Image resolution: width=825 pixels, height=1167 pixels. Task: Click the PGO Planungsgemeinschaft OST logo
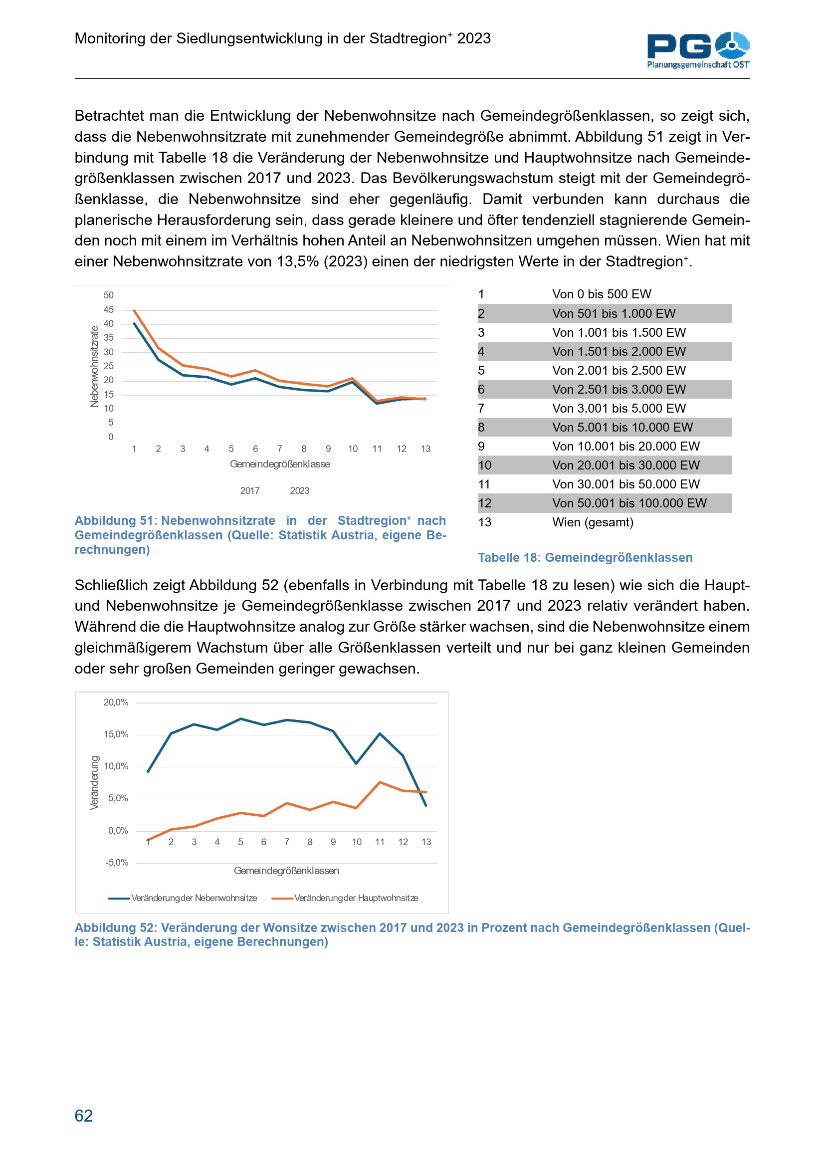pyautogui.click(x=698, y=50)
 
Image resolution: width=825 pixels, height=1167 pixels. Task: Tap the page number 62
pyautogui.click(x=84, y=1115)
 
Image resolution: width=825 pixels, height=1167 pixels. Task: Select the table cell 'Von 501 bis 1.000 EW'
pyautogui.click(x=614, y=314)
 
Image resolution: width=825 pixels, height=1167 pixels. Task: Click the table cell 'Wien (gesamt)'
pyautogui.click(x=593, y=522)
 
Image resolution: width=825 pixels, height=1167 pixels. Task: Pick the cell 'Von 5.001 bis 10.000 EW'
pyautogui.click(x=622, y=428)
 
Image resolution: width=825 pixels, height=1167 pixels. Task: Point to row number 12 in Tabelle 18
pyautogui.click(x=485, y=503)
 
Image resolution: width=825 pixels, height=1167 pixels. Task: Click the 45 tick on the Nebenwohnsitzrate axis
pyautogui.click(x=109, y=309)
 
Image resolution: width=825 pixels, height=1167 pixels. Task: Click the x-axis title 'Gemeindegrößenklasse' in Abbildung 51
pyautogui.click(x=280, y=464)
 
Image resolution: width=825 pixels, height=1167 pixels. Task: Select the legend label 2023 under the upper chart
pyautogui.click(x=300, y=491)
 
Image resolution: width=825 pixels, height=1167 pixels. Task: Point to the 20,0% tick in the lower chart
pyautogui.click(x=116, y=702)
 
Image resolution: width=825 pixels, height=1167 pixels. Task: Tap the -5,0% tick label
pyautogui.click(x=117, y=863)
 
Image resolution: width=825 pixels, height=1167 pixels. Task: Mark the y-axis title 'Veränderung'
pyautogui.click(x=94, y=783)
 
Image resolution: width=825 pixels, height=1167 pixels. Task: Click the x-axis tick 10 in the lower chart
pyautogui.click(x=357, y=842)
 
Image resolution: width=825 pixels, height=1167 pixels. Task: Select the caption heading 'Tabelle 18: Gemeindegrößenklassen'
pyautogui.click(x=585, y=558)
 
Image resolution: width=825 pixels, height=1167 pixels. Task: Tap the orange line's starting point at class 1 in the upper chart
pyautogui.click(x=134, y=310)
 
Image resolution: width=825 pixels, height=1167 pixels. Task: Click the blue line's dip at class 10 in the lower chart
pyautogui.click(x=357, y=763)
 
